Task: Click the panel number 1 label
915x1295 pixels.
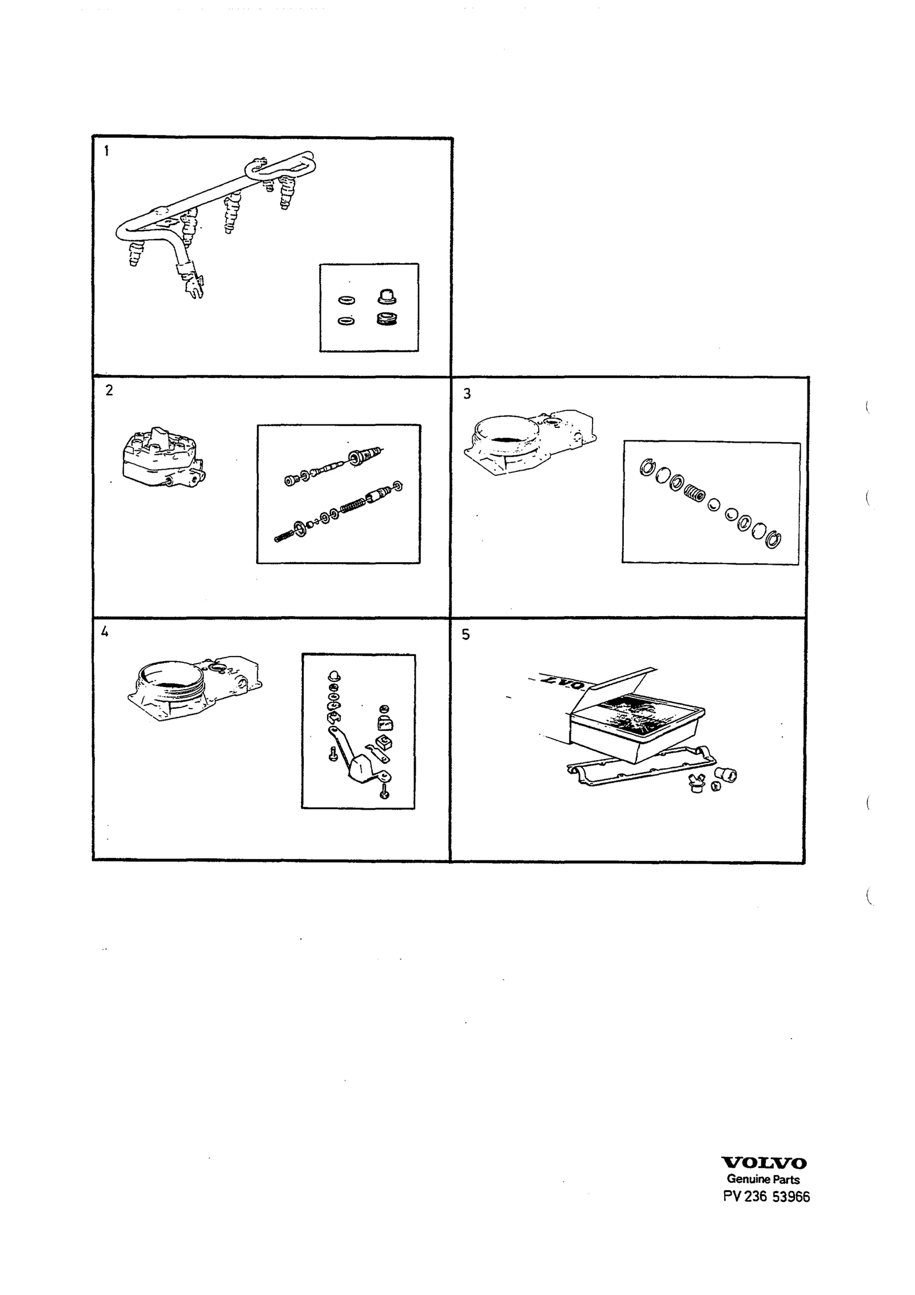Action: (106, 151)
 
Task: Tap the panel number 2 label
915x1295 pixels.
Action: (109, 390)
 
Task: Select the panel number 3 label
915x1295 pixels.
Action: (467, 394)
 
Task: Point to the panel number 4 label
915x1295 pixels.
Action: (105, 632)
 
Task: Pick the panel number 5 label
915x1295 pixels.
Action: (466, 634)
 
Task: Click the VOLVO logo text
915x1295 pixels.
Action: (764, 1163)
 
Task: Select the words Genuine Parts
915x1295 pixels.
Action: (763, 1179)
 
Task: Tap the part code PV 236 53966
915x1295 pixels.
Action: (766, 1197)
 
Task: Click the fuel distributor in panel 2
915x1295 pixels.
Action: (162, 457)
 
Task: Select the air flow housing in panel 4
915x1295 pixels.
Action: (194, 688)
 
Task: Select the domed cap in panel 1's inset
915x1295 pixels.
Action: (387, 296)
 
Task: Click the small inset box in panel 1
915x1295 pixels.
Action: (369, 308)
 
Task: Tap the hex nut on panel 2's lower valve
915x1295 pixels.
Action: (399, 486)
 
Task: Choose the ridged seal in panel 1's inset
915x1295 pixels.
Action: (387, 319)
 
